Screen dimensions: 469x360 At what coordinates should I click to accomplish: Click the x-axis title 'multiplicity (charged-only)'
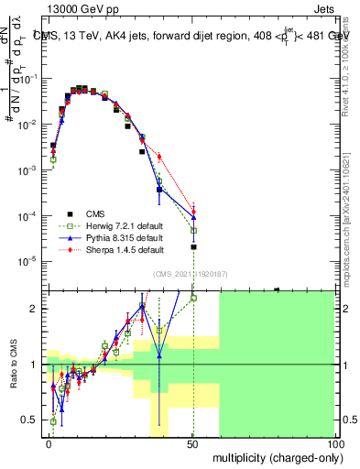(x=272, y=456)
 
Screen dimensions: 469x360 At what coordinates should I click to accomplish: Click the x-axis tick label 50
(x=191, y=442)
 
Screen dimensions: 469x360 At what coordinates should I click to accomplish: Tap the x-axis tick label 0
(x=49, y=442)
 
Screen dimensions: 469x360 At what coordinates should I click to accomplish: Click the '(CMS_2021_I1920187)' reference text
(x=190, y=273)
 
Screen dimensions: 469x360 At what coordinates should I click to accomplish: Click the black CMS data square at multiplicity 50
(x=193, y=247)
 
